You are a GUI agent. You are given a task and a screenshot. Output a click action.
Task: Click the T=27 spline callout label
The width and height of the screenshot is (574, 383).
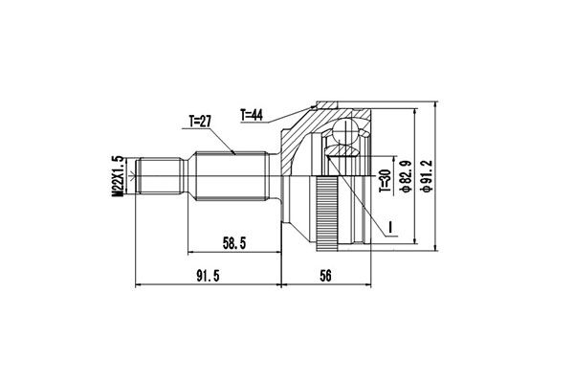(200, 122)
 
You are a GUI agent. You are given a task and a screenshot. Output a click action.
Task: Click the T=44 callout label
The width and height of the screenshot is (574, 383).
(252, 115)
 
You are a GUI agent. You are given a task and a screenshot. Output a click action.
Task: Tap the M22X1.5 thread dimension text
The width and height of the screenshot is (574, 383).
(117, 176)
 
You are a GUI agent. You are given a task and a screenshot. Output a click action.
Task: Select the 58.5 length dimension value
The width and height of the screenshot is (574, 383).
(234, 243)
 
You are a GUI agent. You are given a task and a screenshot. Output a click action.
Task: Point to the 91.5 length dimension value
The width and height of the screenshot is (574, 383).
(208, 276)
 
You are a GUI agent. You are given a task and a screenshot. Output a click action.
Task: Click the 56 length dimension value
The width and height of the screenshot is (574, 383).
(325, 276)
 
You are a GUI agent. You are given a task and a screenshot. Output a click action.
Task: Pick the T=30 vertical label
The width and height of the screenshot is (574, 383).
(386, 181)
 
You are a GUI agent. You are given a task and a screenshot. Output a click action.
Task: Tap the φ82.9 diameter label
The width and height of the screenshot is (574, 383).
(406, 176)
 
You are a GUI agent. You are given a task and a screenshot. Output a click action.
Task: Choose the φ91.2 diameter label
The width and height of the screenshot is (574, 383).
(428, 176)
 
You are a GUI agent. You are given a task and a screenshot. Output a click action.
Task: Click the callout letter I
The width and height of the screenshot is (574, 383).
(390, 227)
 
